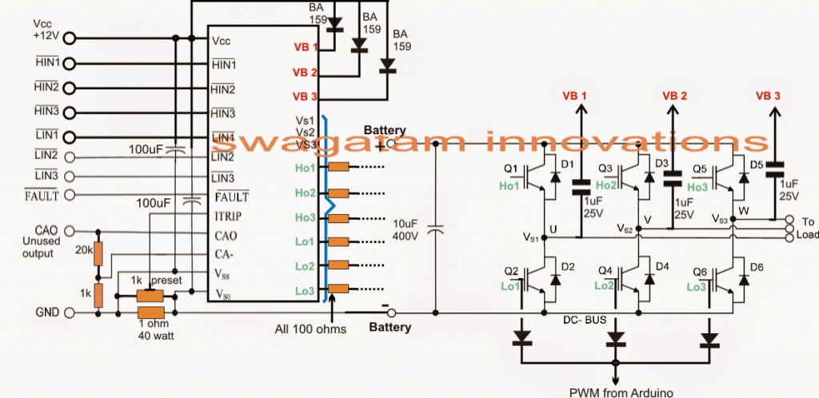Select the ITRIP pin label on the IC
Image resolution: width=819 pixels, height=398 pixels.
pyautogui.click(x=228, y=216)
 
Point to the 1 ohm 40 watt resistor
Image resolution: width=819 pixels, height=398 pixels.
pyautogui.click(x=150, y=312)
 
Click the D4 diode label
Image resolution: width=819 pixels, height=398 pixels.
pyautogui.click(x=663, y=266)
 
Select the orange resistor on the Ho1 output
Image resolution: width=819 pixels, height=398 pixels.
pyautogui.click(x=338, y=168)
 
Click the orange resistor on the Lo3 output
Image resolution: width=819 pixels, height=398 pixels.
pyautogui.click(x=338, y=289)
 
